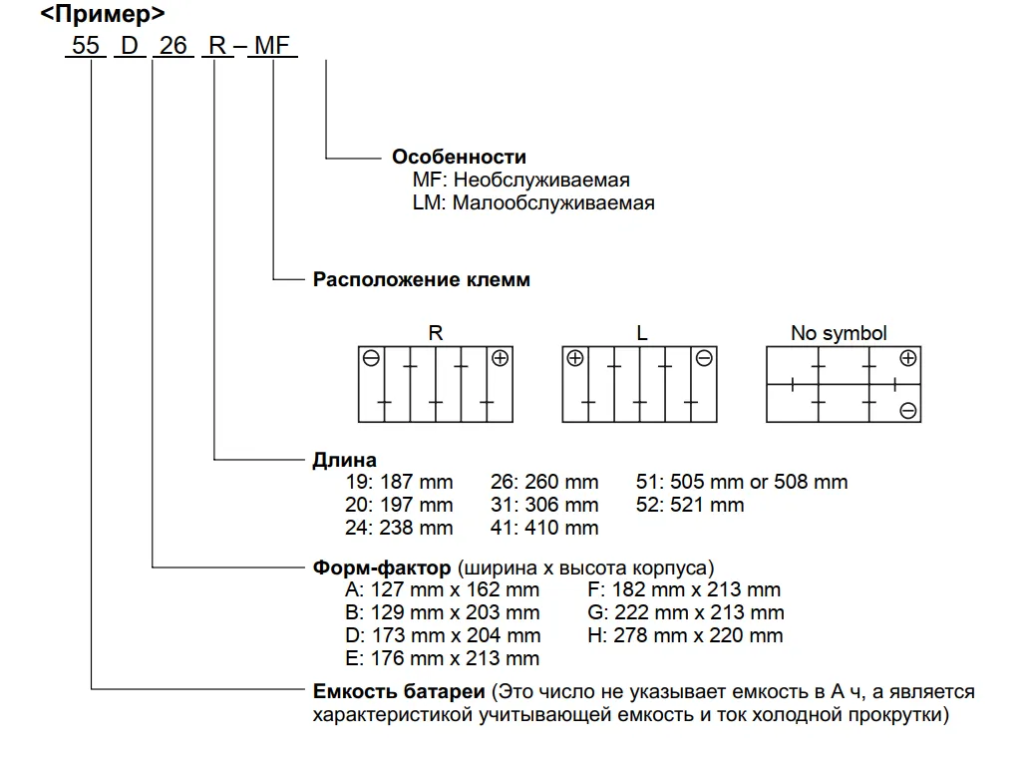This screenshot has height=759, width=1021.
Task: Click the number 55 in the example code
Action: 86,46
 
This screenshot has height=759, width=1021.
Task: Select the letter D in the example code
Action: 130,46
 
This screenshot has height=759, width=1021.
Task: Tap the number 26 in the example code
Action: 173,46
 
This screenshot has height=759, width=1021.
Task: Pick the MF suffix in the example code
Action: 272,46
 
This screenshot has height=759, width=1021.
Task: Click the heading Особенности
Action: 459,157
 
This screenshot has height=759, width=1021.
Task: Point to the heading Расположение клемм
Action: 422,279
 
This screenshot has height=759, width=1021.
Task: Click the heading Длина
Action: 344,460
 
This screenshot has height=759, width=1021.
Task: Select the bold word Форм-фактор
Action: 382,568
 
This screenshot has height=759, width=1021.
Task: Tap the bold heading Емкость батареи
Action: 399,691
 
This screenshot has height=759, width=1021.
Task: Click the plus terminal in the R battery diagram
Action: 501,358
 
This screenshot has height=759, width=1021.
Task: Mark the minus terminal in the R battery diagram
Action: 371,358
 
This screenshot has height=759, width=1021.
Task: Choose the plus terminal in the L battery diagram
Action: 575,358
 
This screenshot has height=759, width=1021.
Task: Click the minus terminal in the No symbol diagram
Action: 908,411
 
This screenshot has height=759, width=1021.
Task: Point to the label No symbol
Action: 839,333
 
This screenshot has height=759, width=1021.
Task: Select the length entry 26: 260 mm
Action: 544,482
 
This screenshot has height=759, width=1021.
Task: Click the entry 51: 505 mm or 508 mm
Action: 742,482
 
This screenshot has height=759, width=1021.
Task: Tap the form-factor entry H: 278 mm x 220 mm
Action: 685,635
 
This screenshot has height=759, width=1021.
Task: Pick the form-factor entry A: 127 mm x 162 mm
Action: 442,589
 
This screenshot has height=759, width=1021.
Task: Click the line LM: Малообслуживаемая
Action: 533,202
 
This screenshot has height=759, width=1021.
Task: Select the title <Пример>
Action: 103,13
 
